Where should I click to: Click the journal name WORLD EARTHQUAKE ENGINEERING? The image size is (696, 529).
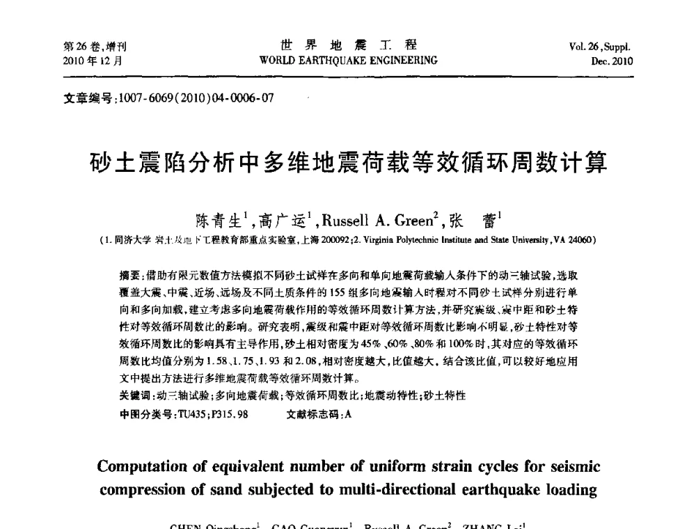coord(348,60)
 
